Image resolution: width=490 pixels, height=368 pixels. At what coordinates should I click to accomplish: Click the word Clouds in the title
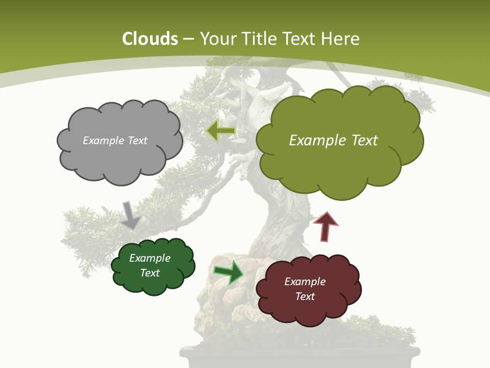[150, 39]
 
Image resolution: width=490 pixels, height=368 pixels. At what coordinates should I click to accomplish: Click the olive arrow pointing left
[220, 131]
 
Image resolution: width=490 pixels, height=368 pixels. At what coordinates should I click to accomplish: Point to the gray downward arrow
[130, 215]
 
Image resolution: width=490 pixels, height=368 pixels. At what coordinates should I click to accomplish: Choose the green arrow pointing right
[229, 272]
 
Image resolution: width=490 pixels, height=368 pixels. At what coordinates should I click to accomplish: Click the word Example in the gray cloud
[102, 141]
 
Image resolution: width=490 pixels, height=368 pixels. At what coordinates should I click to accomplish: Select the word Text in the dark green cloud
[150, 273]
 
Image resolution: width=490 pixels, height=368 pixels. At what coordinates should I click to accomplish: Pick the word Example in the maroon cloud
[305, 282]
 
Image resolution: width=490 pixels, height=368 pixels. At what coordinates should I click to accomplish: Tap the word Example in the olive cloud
[314, 141]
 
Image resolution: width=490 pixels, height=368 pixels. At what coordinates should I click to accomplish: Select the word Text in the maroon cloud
[305, 296]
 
